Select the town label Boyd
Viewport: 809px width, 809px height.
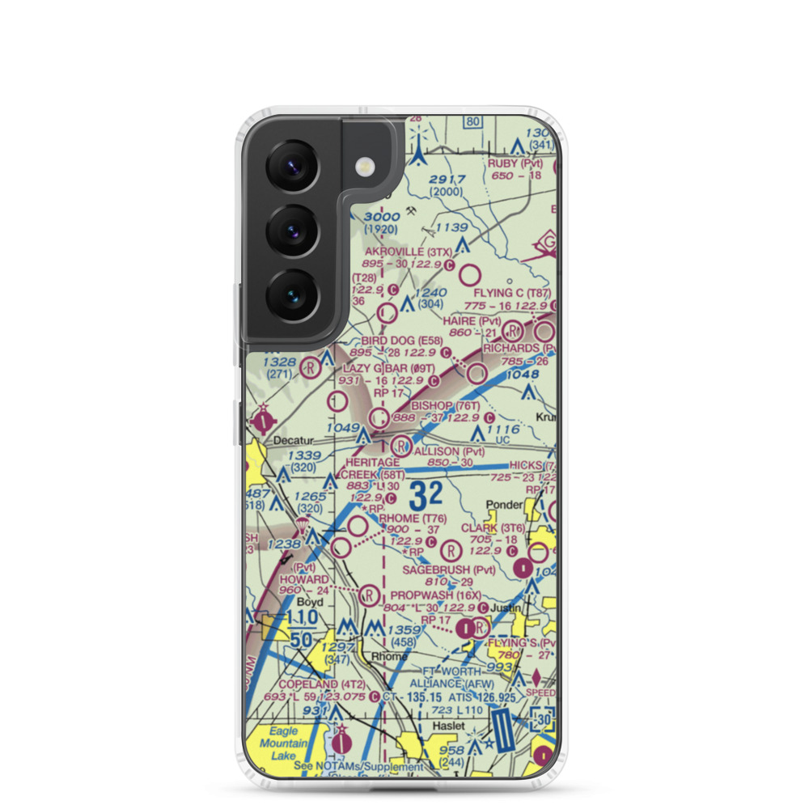pyautogui.click(x=310, y=603)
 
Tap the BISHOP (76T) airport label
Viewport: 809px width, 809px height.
pyautogui.click(x=446, y=404)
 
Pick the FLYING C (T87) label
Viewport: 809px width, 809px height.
pyautogui.click(x=511, y=293)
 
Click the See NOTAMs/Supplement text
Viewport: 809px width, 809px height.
pyautogui.click(x=358, y=766)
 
